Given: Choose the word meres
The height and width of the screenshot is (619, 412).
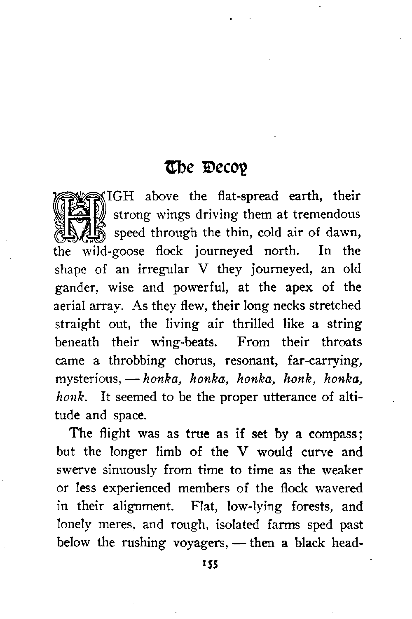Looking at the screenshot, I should [x=114, y=525].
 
